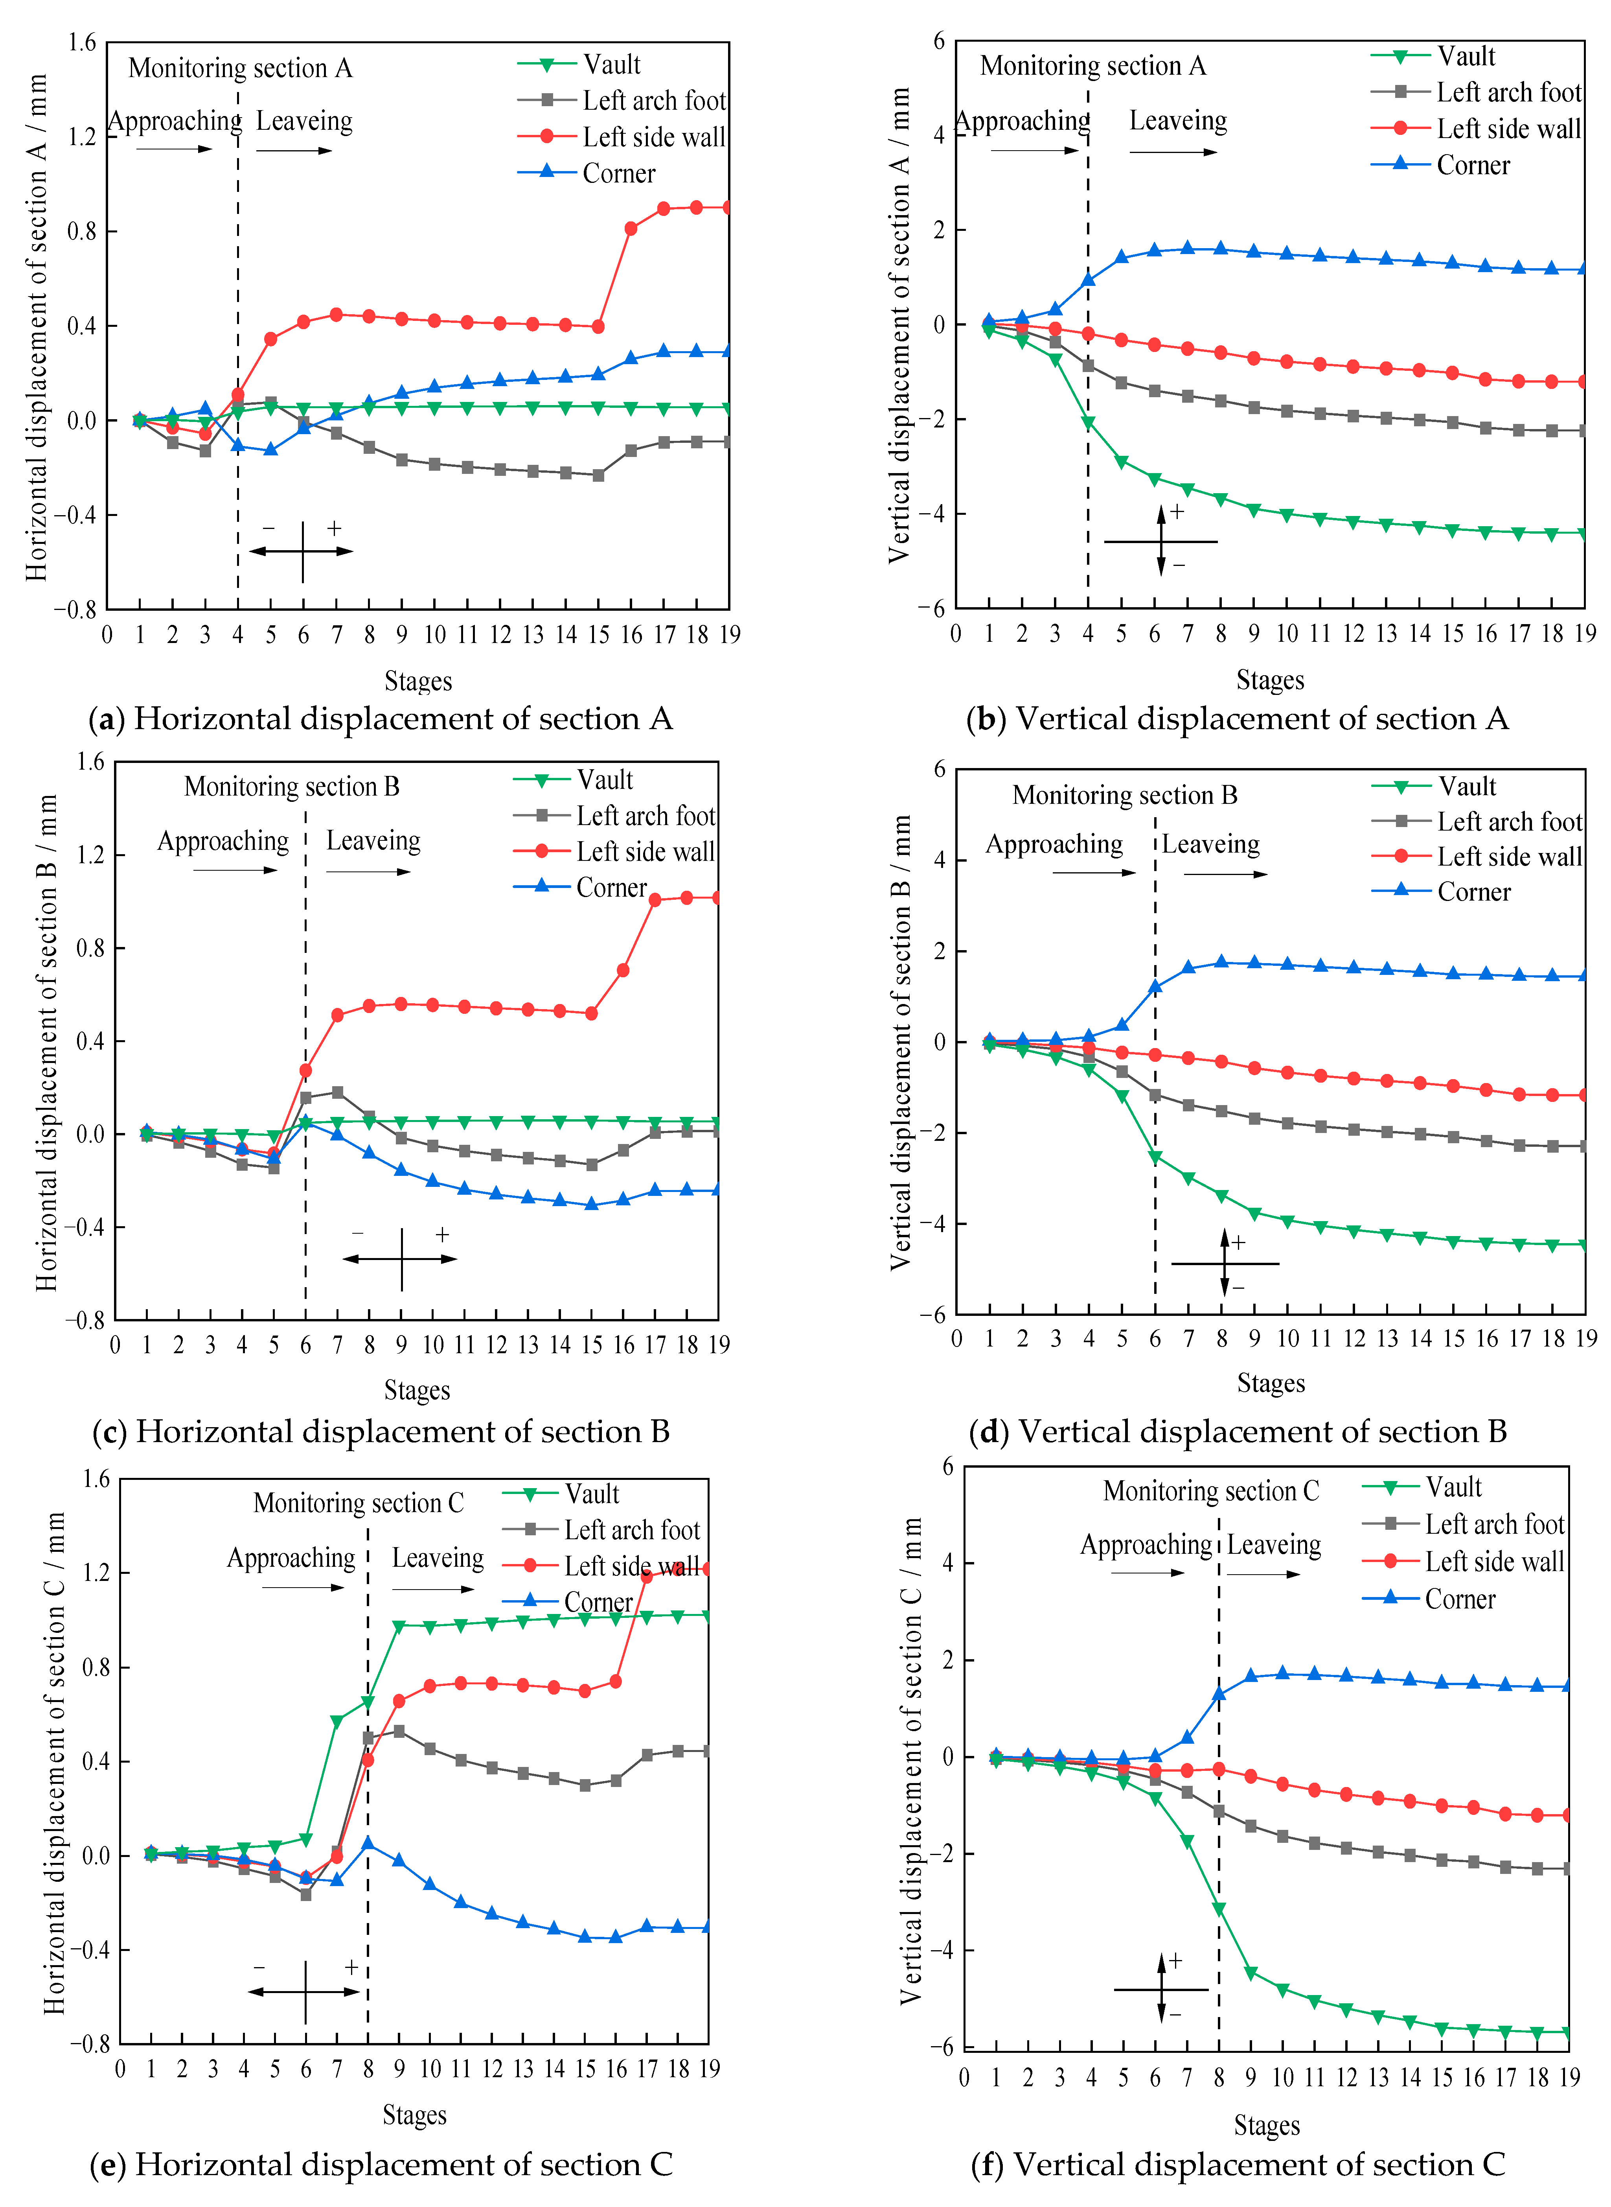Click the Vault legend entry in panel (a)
point(611,64)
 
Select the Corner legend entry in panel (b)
point(1473,165)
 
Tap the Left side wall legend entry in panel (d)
point(1509,856)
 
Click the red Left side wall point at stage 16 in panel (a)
point(631,228)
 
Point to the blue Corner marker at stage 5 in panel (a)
point(271,450)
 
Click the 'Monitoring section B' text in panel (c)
point(292,786)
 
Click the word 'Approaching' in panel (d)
point(1054,844)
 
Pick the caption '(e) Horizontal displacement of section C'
point(381,2164)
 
